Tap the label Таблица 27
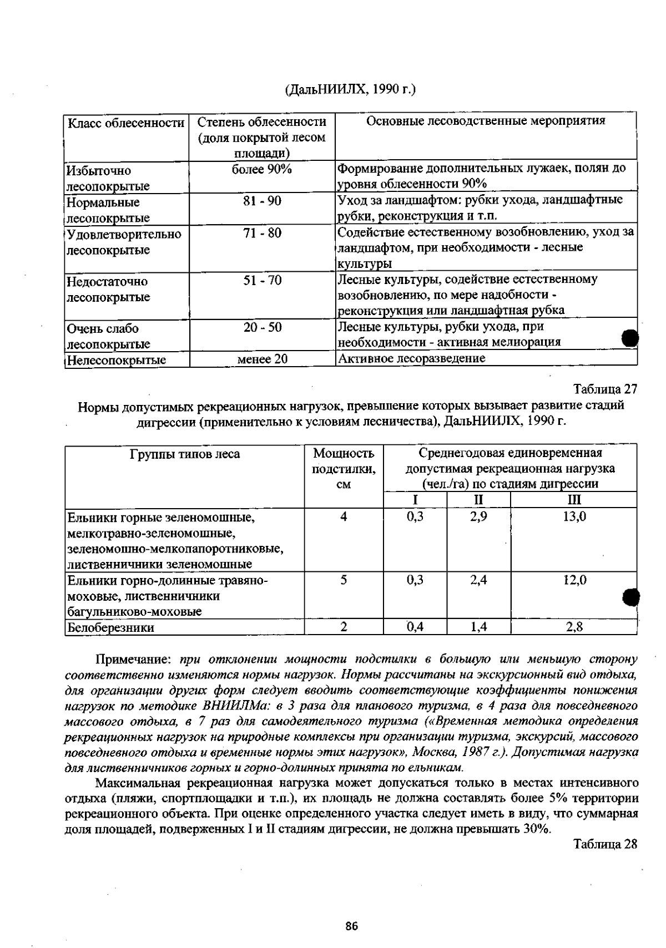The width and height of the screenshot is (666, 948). [605, 389]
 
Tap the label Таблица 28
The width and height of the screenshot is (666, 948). [605, 844]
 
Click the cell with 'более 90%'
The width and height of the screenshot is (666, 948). [262, 170]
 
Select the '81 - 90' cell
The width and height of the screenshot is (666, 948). [262, 201]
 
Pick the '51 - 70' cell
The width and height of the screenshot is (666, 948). [262, 281]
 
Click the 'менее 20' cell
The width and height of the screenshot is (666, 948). [262, 359]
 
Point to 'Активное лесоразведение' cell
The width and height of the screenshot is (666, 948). [411, 358]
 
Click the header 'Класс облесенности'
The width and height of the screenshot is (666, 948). [126, 123]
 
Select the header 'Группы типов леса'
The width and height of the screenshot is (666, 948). [185, 454]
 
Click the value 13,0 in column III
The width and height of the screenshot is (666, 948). [574, 517]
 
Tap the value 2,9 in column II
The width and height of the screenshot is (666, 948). [478, 517]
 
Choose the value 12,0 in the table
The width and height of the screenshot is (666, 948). [574, 580]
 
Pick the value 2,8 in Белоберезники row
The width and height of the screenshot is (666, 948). [574, 627]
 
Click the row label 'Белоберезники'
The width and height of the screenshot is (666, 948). [110, 628]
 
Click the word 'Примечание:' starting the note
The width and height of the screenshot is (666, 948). [136, 660]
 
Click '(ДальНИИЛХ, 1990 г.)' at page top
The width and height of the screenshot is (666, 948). [350, 89]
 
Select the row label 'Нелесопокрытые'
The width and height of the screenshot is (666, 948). [116, 360]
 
